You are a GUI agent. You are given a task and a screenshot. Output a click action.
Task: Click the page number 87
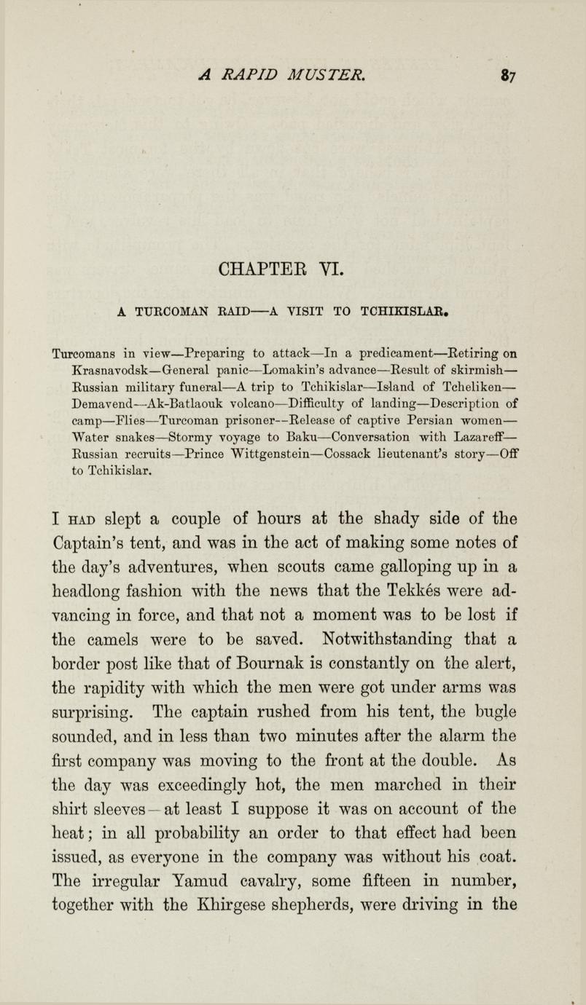pyautogui.click(x=507, y=74)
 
